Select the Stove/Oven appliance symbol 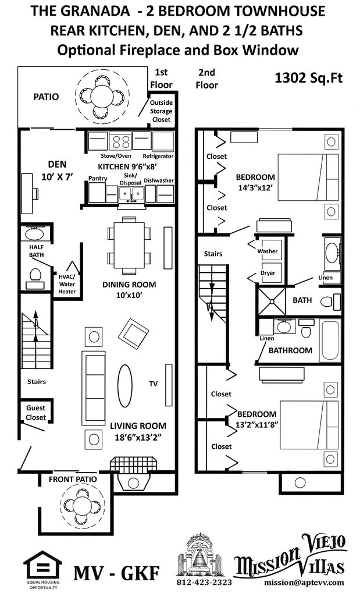tap(121, 141)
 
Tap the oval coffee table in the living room tap(124, 382)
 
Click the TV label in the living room tap(154, 384)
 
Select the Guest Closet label tap(35, 413)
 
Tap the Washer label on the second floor tap(267, 251)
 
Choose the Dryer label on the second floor tap(267, 272)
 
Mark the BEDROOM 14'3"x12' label tap(255, 182)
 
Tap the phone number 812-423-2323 tap(204, 582)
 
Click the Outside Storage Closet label tap(161, 111)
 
